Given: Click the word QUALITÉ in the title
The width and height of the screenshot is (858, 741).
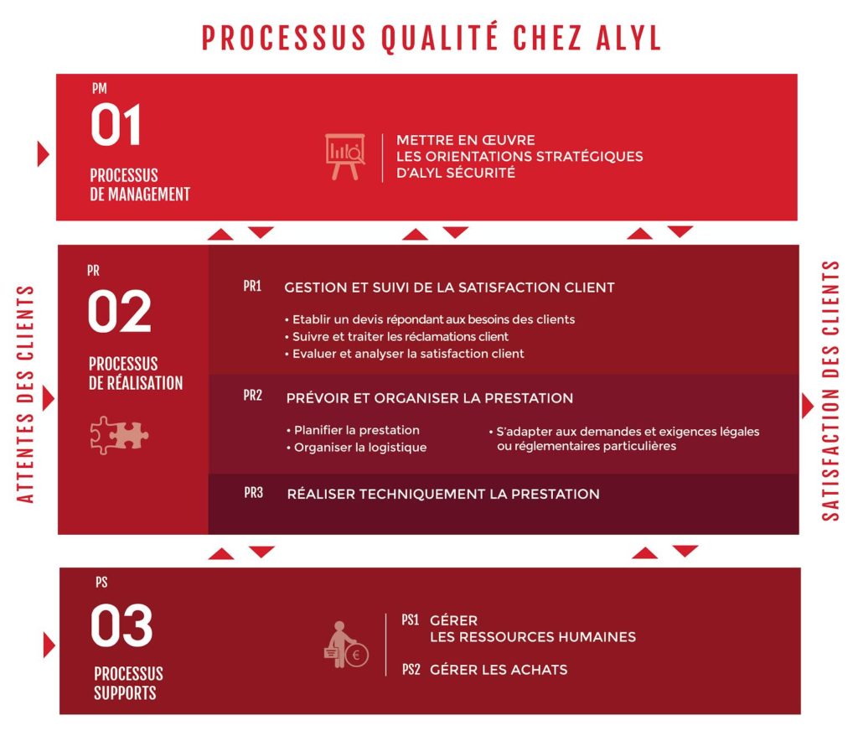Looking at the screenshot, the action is [439, 38].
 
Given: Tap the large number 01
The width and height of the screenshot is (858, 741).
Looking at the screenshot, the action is [116, 126].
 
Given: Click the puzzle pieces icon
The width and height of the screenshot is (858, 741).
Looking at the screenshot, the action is [119, 435].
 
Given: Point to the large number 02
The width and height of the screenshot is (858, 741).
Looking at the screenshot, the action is [119, 311].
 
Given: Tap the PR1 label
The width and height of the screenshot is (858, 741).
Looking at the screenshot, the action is [252, 286].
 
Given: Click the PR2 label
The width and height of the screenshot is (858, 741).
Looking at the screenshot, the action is [253, 395].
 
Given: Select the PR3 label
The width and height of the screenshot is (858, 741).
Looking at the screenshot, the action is [253, 493].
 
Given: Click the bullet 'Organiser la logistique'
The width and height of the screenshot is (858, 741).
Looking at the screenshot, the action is [356, 447].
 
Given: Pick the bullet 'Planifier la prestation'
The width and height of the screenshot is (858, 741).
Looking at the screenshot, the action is [353, 430].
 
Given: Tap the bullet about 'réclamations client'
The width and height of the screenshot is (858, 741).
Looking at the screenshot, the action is [396, 337].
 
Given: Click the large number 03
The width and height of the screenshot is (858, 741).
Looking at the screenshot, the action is [121, 625].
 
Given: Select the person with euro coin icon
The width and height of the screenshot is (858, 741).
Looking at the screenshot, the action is [346, 644].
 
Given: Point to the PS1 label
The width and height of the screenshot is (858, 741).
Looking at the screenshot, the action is [410, 620].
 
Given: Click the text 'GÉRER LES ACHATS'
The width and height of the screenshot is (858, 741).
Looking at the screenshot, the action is [499, 669].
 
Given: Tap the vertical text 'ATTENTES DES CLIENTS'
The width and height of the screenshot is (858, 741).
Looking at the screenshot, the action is [25, 393].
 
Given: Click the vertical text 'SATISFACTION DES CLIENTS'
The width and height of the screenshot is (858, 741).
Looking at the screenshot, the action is [830, 391].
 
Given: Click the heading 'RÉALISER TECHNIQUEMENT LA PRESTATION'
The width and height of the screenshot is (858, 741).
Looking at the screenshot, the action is [443, 494].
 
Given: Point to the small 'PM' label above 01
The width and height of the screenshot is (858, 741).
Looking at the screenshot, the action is [100, 89].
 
